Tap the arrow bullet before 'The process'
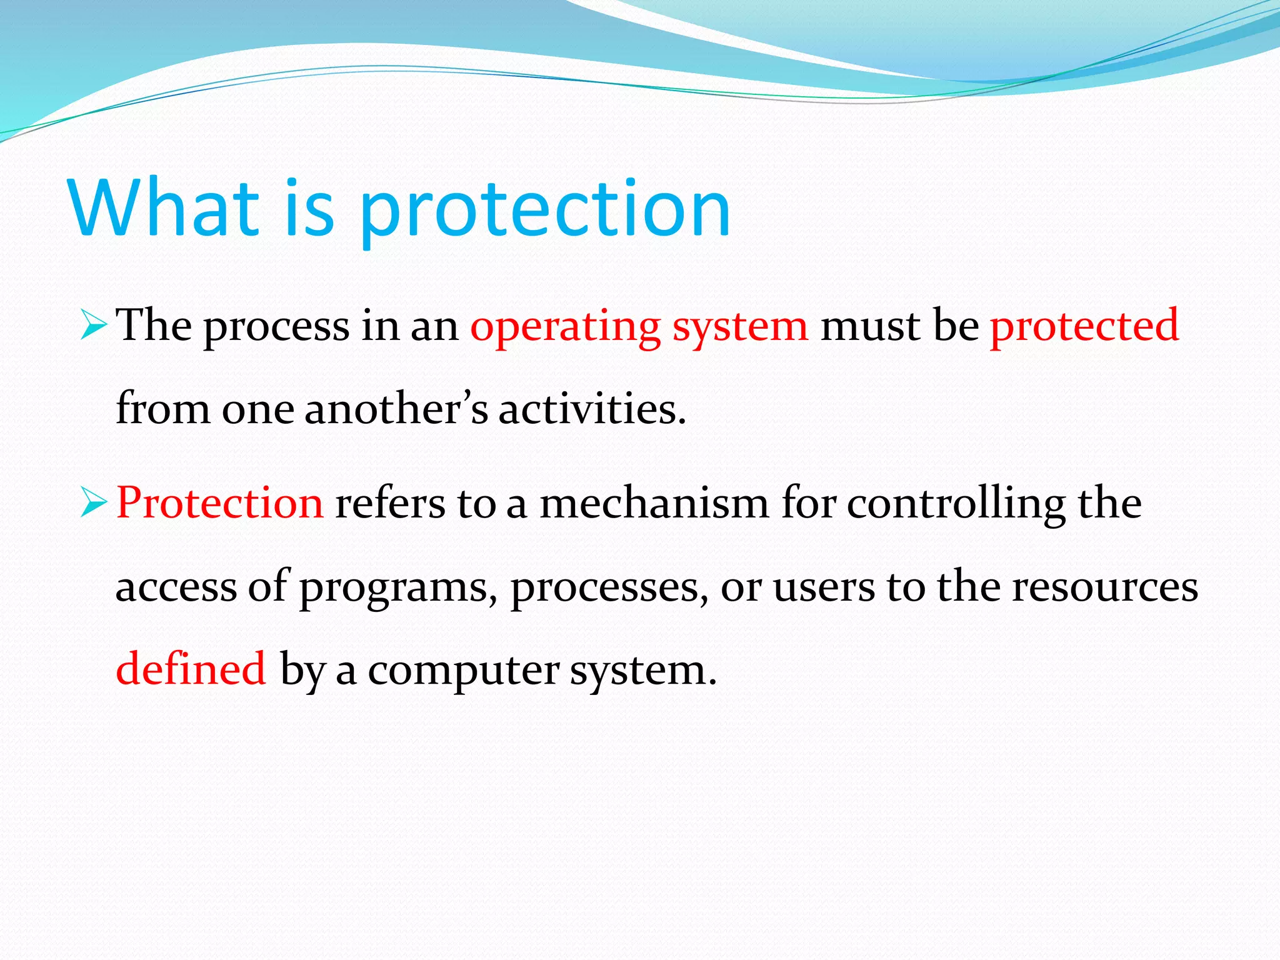click(x=94, y=327)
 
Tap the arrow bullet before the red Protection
click(x=94, y=504)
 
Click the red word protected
click(x=1084, y=327)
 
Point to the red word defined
click(x=191, y=669)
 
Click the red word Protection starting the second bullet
click(x=220, y=503)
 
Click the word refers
click(x=390, y=503)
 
